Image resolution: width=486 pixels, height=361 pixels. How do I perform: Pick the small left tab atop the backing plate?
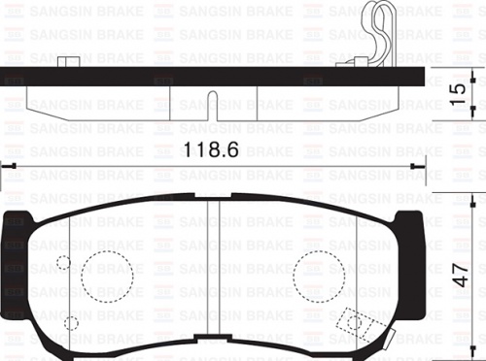tap(67, 62)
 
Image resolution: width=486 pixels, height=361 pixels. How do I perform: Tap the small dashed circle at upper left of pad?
tap(63, 262)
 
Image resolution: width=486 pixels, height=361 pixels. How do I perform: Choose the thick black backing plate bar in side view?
tap(213, 76)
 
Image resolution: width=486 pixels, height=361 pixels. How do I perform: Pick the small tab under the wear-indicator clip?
tap(350, 63)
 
